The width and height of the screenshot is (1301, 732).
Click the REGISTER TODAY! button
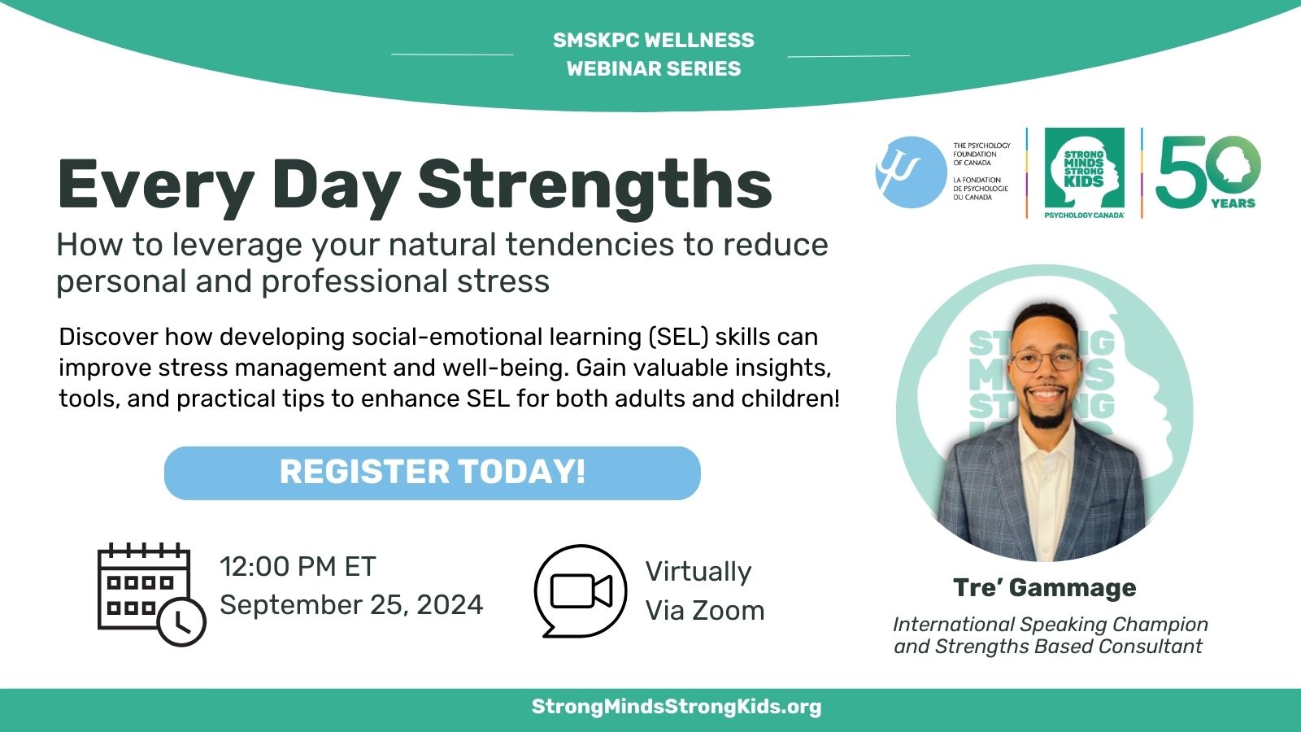coord(432,473)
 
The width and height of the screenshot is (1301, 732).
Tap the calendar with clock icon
coord(151,594)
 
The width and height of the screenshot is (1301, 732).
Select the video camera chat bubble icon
coord(581,590)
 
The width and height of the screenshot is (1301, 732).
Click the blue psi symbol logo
coord(911,172)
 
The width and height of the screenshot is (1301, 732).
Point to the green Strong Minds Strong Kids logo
coord(1085,172)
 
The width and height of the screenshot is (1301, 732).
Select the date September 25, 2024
coord(351,605)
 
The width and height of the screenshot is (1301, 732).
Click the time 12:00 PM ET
coord(298,566)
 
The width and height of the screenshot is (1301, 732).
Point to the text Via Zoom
coord(705,611)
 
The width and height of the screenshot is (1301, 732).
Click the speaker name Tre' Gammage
coord(1044,588)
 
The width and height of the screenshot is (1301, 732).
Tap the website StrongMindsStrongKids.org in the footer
coord(676,707)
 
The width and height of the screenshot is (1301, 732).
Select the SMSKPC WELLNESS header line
coord(654,40)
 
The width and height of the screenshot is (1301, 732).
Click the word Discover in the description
coord(109,337)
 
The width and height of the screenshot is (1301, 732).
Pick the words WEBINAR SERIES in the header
coord(654,68)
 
